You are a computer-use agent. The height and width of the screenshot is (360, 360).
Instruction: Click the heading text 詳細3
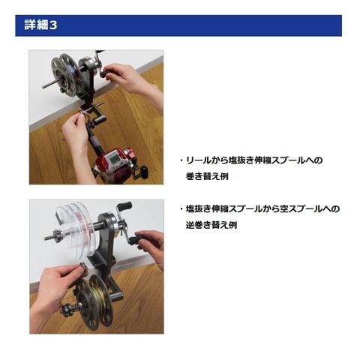[x=40, y=25]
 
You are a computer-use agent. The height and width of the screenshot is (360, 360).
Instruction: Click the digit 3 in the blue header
[x=52, y=25]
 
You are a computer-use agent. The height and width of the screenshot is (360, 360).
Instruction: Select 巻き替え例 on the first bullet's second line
[x=207, y=176]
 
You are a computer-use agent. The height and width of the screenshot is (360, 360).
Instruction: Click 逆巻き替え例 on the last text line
[x=211, y=225]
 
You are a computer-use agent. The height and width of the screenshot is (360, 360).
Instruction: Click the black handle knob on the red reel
[x=144, y=172]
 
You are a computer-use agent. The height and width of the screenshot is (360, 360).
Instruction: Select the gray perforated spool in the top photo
[x=65, y=76]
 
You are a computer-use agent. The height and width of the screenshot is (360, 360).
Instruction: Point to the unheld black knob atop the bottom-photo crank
[x=124, y=206]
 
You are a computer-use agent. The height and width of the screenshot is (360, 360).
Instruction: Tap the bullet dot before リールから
[x=181, y=160]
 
